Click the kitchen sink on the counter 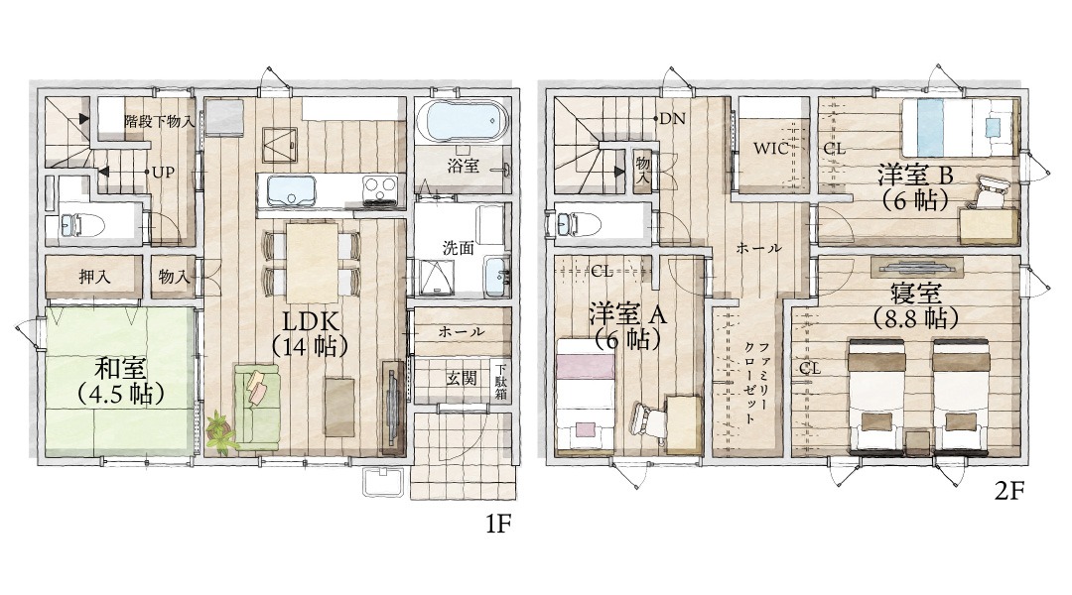coord(287,187)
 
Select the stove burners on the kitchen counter coord(378,187)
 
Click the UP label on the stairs coord(163,172)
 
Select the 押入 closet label coord(94,276)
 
